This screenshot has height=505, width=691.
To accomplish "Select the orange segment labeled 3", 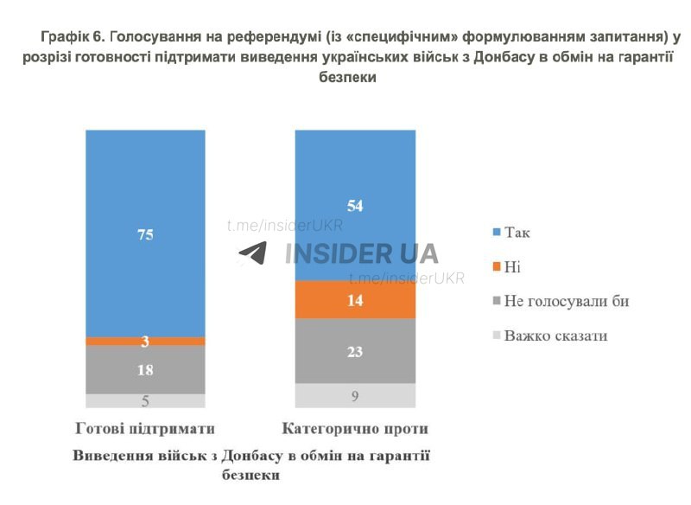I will (145, 341).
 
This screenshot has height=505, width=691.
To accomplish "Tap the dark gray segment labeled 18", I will (145, 369).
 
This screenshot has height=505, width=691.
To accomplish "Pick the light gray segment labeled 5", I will (145, 400).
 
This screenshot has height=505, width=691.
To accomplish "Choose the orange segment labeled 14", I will (354, 300).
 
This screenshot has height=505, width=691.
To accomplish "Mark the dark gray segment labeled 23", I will (354, 351).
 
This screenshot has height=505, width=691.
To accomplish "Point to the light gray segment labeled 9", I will (354, 395).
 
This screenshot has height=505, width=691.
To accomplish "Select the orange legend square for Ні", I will (496, 267).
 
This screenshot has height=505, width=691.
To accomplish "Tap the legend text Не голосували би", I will (567, 301).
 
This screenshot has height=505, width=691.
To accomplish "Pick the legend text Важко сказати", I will (555, 335).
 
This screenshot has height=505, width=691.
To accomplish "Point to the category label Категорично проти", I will (355, 428).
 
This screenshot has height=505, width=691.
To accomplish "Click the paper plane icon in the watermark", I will (253, 253).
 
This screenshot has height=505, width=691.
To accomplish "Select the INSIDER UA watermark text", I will (361, 253).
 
